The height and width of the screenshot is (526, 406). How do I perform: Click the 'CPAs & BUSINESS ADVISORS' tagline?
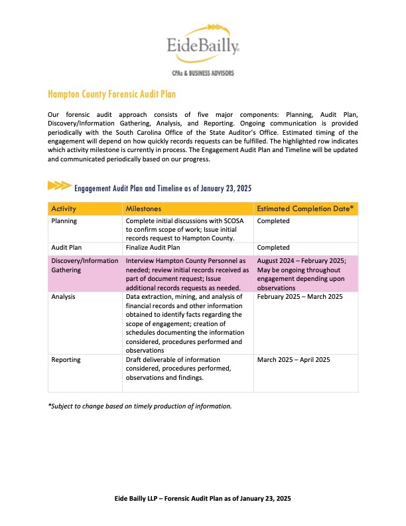pyautogui.click(x=203, y=72)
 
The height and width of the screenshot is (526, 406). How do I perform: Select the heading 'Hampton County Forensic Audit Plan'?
pyautogui.click(x=111, y=95)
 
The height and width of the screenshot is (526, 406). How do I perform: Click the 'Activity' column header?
pyautogui.click(x=64, y=209)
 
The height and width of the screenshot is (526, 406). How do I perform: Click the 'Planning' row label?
pyautogui.click(x=64, y=221)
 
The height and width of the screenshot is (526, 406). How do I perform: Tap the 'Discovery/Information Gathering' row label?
pyautogui.click(x=84, y=266)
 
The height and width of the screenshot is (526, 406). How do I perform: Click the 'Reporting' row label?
pyautogui.click(x=66, y=359)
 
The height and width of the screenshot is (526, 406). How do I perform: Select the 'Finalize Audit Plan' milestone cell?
pyautogui.click(x=156, y=247)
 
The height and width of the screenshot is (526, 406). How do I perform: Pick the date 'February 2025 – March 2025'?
pyautogui.click(x=299, y=297)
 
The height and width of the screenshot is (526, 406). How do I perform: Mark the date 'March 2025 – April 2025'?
pyautogui.click(x=293, y=359)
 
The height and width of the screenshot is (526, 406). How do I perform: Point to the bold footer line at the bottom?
pyautogui.click(x=203, y=498)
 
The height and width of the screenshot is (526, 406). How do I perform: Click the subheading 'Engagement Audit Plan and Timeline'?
pyautogui.click(x=163, y=188)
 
